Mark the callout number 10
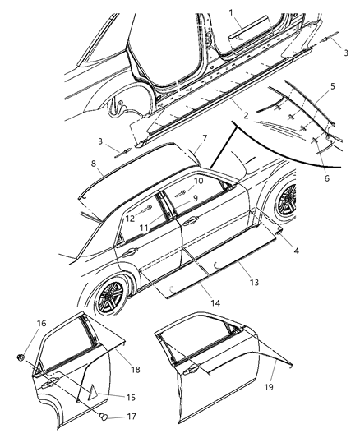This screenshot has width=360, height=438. [x=198, y=180]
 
